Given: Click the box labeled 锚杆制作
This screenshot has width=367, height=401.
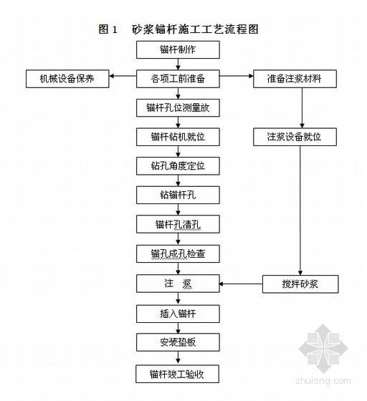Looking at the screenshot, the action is (x=178, y=49).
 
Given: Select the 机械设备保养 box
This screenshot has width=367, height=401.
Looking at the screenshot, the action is (x=67, y=79).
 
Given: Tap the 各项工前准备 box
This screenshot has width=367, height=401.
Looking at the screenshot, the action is (x=178, y=79).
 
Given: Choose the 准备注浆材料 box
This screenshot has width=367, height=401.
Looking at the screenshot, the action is (x=295, y=79).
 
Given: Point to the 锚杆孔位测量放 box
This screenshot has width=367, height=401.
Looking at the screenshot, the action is (x=178, y=108).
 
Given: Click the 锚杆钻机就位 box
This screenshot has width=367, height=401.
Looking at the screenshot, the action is (x=178, y=137).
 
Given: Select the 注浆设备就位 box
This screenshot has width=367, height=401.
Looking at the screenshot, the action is (x=295, y=137).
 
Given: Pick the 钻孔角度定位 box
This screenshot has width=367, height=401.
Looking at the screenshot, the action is (x=178, y=166).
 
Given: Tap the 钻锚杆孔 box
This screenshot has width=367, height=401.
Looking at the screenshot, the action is (x=178, y=195).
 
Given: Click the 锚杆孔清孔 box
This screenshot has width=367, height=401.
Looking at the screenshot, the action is (x=178, y=224).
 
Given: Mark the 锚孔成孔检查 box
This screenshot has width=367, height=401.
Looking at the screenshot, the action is (x=178, y=254).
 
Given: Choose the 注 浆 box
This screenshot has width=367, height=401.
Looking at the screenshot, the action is (x=178, y=284).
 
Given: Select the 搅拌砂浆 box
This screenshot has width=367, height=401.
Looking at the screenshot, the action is (x=300, y=284).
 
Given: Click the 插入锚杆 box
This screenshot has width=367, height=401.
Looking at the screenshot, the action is (x=178, y=314).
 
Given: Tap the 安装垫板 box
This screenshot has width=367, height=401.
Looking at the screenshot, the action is (x=178, y=342).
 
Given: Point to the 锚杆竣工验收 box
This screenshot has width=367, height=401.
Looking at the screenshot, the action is (x=177, y=374).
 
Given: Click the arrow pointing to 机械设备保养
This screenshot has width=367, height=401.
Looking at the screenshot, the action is (x=123, y=76).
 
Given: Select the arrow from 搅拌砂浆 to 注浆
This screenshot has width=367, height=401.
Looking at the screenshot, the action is (x=241, y=284).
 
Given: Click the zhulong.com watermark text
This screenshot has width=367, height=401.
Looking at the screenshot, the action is (x=323, y=381).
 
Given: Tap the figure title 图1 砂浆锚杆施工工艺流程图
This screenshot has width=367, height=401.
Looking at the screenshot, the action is (x=178, y=29).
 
